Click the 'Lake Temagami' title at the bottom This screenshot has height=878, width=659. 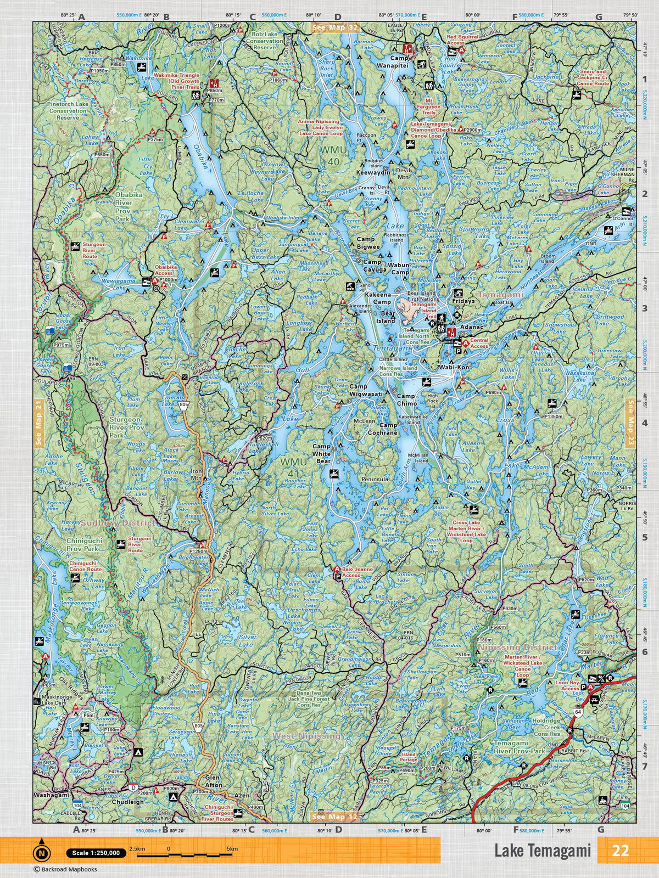[x=542, y=851]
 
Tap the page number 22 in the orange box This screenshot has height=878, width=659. [x=620, y=851]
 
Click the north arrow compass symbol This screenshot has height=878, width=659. [x=42, y=853]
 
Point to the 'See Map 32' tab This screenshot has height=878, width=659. [x=334, y=27]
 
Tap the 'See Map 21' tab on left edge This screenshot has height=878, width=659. [x=38, y=423]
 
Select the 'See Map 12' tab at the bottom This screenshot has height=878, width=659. [x=334, y=817]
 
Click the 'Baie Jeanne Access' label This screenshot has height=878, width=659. [x=358, y=573]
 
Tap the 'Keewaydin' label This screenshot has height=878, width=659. [x=373, y=172]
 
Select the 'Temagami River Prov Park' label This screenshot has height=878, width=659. [x=511, y=747]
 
